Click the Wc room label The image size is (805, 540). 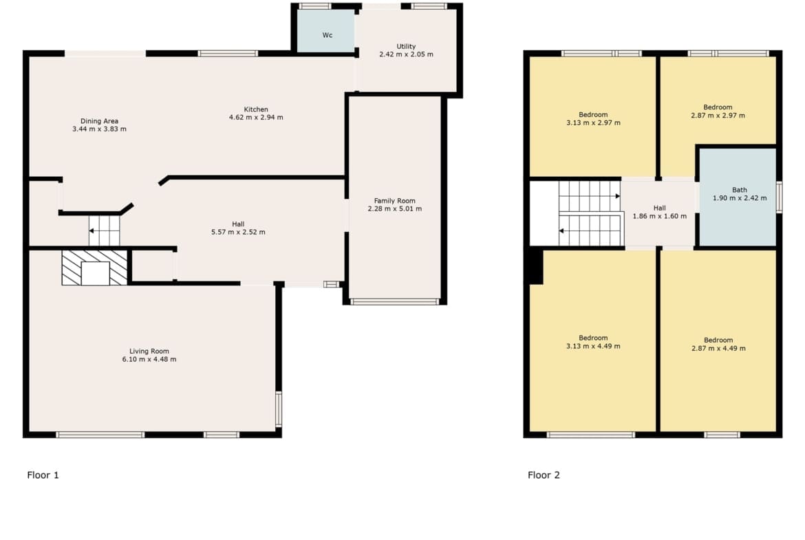[x=328, y=35]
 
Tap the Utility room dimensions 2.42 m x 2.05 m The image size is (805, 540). [x=406, y=54]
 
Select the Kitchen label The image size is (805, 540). [x=256, y=109]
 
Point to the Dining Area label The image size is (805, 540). [x=99, y=121]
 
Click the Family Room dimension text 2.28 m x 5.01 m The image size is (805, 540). [x=395, y=208]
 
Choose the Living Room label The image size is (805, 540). [x=149, y=351]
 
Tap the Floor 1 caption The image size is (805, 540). [x=43, y=475]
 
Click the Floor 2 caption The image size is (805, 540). [x=544, y=475]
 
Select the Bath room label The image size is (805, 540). [x=739, y=190]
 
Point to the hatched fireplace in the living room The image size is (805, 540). [x=94, y=268]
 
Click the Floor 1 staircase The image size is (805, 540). [x=104, y=230]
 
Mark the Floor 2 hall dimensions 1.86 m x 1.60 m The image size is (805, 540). [x=660, y=216]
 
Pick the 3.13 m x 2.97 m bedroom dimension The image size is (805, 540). [x=593, y=122]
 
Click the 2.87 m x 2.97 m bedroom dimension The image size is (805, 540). [x=718, y=116]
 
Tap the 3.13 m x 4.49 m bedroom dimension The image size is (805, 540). [x=593, y=346]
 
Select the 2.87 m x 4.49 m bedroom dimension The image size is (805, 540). [x=718, y=348]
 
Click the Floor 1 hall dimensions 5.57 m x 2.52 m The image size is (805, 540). [x=238, y=232]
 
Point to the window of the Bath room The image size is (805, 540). [x=779, y=197]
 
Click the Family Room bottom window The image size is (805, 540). [x=395, y=301]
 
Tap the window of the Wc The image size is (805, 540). [x=314, y=6]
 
